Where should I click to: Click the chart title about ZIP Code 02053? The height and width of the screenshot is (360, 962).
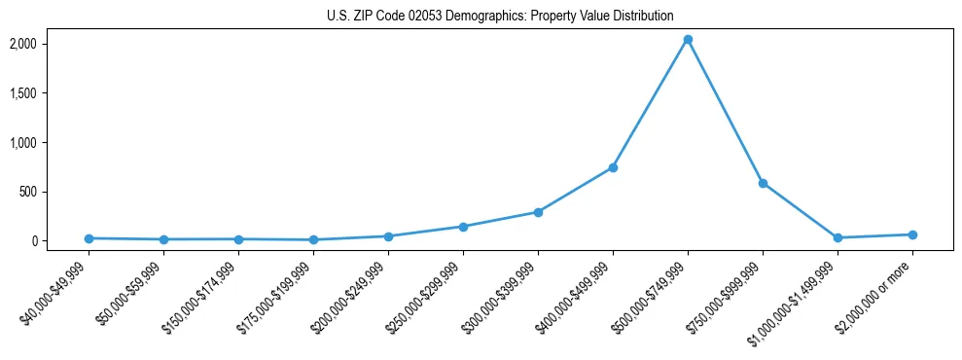(498, 16)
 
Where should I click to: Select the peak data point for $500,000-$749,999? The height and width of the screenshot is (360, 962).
(688, 40)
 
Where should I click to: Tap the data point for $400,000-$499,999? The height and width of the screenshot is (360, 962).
(613, 167)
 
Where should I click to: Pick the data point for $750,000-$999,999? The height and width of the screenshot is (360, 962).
(763, 183)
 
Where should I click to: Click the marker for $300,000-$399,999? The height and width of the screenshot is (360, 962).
(538, 212)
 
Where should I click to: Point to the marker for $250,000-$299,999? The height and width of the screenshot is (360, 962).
(463, 227)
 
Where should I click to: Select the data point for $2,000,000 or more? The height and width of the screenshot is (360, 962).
(912, 234)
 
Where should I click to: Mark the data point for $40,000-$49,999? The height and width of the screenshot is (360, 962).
(89, 238)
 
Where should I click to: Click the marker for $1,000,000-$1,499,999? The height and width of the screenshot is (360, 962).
(837, 237)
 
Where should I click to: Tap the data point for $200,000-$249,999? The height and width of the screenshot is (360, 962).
(388, 236)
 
